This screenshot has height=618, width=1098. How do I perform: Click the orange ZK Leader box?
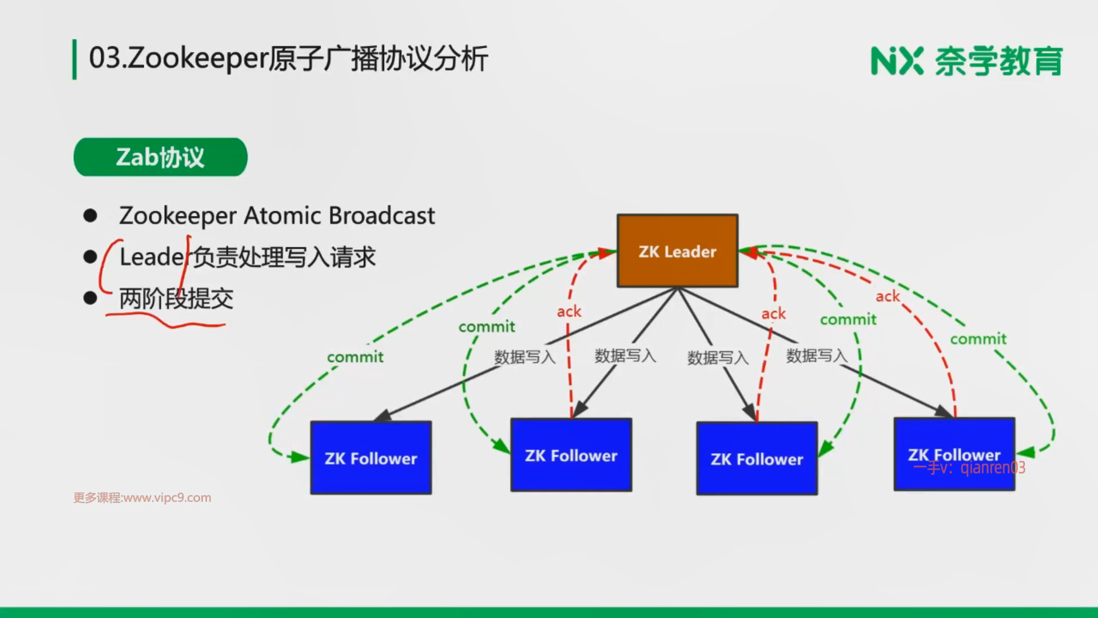tap(678, 251)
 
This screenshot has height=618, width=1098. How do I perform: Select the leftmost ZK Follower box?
tap(371, 458)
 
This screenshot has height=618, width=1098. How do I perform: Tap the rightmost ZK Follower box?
tap(954, 454)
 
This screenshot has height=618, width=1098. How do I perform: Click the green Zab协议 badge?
tap(161, 157)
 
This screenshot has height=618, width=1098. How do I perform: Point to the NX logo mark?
tap(897, 61)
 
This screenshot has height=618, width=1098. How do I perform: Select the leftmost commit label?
tap(355, 357)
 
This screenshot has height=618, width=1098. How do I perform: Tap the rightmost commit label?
tap(978, 339)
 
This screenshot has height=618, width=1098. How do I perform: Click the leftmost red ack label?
tap(569, 311)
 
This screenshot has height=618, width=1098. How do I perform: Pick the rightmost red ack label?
tap(888, 296)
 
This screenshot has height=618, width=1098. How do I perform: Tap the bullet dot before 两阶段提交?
tap(90, 298)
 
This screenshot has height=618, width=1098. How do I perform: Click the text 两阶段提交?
tap(176, 298)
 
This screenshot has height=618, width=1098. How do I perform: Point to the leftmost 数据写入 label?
tap(524, 357)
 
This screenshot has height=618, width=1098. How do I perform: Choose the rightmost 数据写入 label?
tap(817, 355)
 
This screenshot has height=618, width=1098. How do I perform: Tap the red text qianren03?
tap(993, 468)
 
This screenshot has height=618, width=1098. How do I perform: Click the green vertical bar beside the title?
tap(74, 60)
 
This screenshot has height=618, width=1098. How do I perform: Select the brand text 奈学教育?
tap(998, 61)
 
